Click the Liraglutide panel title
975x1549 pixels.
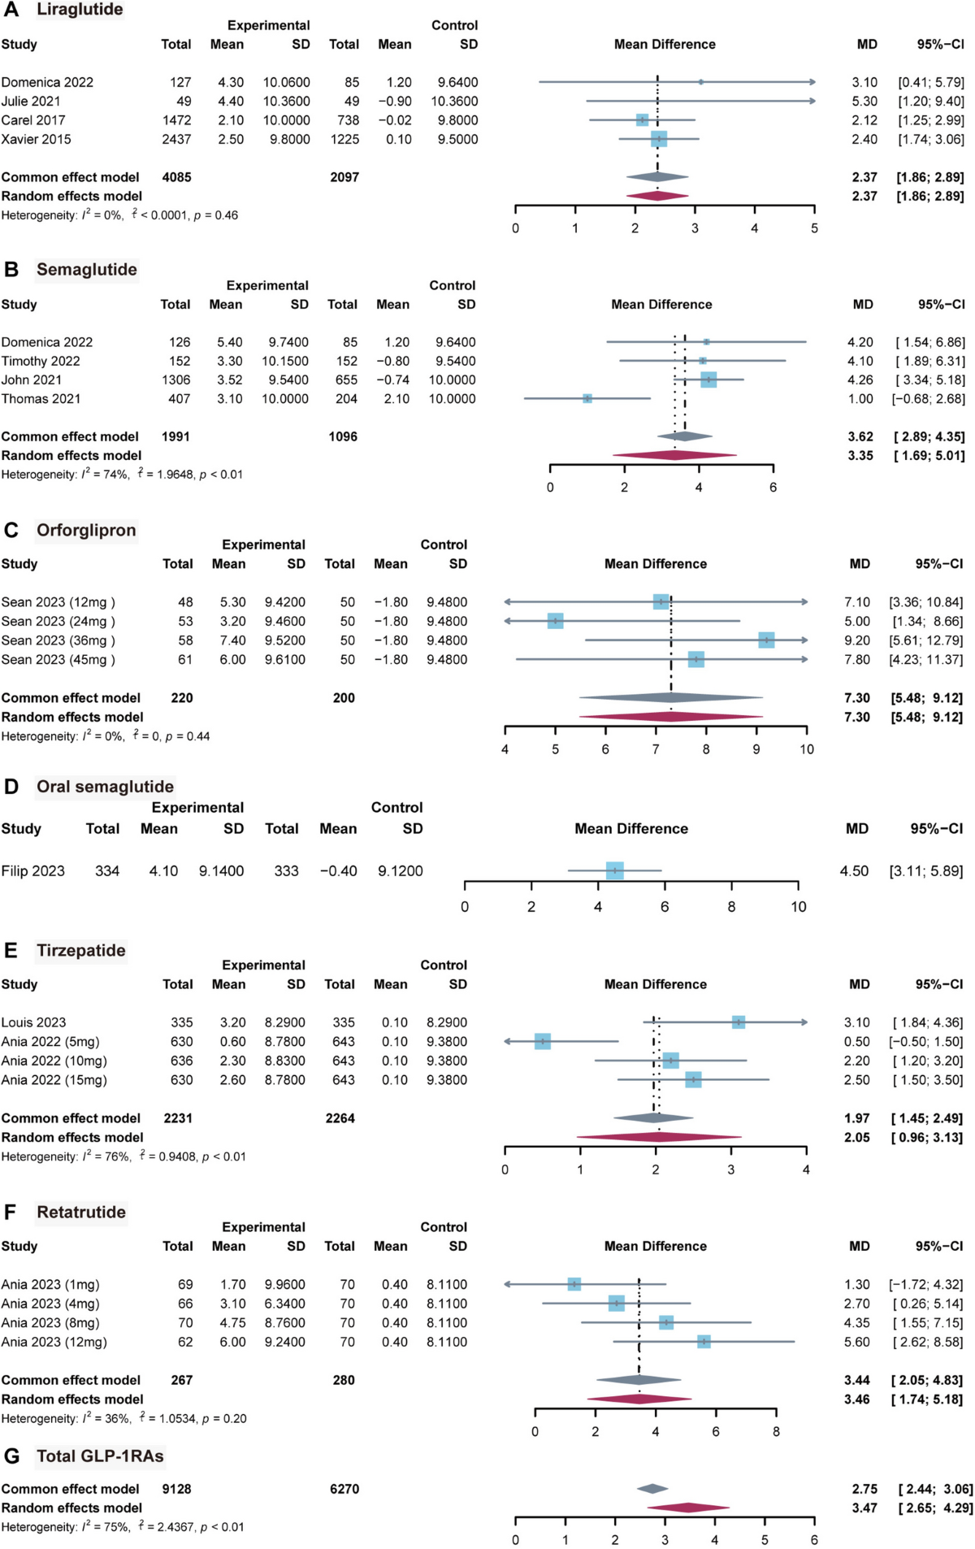tap(80, 10)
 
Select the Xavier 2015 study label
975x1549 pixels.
tap(36, 139)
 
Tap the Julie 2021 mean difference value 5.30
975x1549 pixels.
tap(864, 102)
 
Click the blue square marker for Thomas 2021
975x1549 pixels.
tap(587, 398)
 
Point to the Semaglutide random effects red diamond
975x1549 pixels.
tap(674, 455)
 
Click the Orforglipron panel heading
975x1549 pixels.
tap(86, 530)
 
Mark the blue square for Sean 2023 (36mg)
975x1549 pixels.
tap(766, 640)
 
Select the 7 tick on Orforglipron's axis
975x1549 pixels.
tap(656, 749)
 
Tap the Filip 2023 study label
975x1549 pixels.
tap(32, 870)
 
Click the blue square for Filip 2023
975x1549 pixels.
tap(615, 870)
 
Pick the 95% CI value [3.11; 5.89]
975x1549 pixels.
tap(926, 870)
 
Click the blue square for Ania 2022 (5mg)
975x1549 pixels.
tap(543, 1041)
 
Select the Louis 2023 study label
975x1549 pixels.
tap(33, 1022)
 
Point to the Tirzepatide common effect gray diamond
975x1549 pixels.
tap(653, 1118)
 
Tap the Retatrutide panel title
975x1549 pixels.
tap(81, 1212)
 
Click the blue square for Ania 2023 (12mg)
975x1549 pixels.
tap(704, 1342)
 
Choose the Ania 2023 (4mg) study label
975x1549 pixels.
tap(50, 1304)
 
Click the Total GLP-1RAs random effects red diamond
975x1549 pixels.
tap(688, 1508)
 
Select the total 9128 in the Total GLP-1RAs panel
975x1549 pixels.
tap(176, 1489)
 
